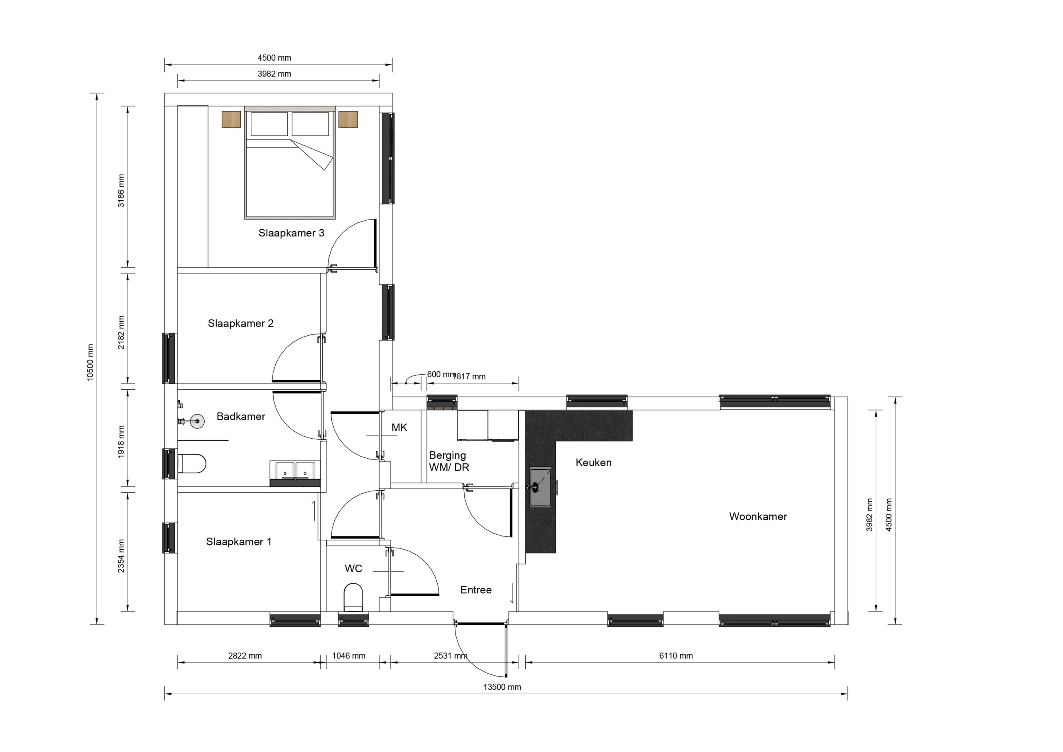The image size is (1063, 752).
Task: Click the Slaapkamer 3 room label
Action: tap(291, 233)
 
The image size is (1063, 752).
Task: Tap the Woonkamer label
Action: tap(758, 516)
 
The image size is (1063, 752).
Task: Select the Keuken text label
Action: tap(593, 462)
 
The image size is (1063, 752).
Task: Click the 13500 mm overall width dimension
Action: tap(502, 687)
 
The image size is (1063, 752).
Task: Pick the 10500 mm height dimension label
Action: tap(90, 363)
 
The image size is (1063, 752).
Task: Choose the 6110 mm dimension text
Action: tap(676, 656)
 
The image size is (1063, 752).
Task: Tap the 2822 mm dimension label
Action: tap(245, 656)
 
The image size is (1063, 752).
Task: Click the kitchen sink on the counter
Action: tap(540, 487)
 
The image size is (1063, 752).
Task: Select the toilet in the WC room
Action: tap(353, 597)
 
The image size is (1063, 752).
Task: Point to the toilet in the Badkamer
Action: tap(192, 463)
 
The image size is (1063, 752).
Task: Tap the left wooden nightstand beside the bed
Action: tap(231, 119)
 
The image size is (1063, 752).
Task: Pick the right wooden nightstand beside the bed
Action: tap(348, 119)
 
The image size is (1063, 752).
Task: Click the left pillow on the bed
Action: tap(269, 124)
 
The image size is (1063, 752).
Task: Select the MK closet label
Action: tap(399, 428)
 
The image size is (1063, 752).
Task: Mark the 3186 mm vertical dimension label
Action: tap(121, 191)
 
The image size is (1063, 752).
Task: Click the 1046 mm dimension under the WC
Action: tap(349, 656)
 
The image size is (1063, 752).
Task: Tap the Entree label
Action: tap(476, 590)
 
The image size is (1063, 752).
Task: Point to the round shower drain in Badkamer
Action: tap(198, 421)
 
